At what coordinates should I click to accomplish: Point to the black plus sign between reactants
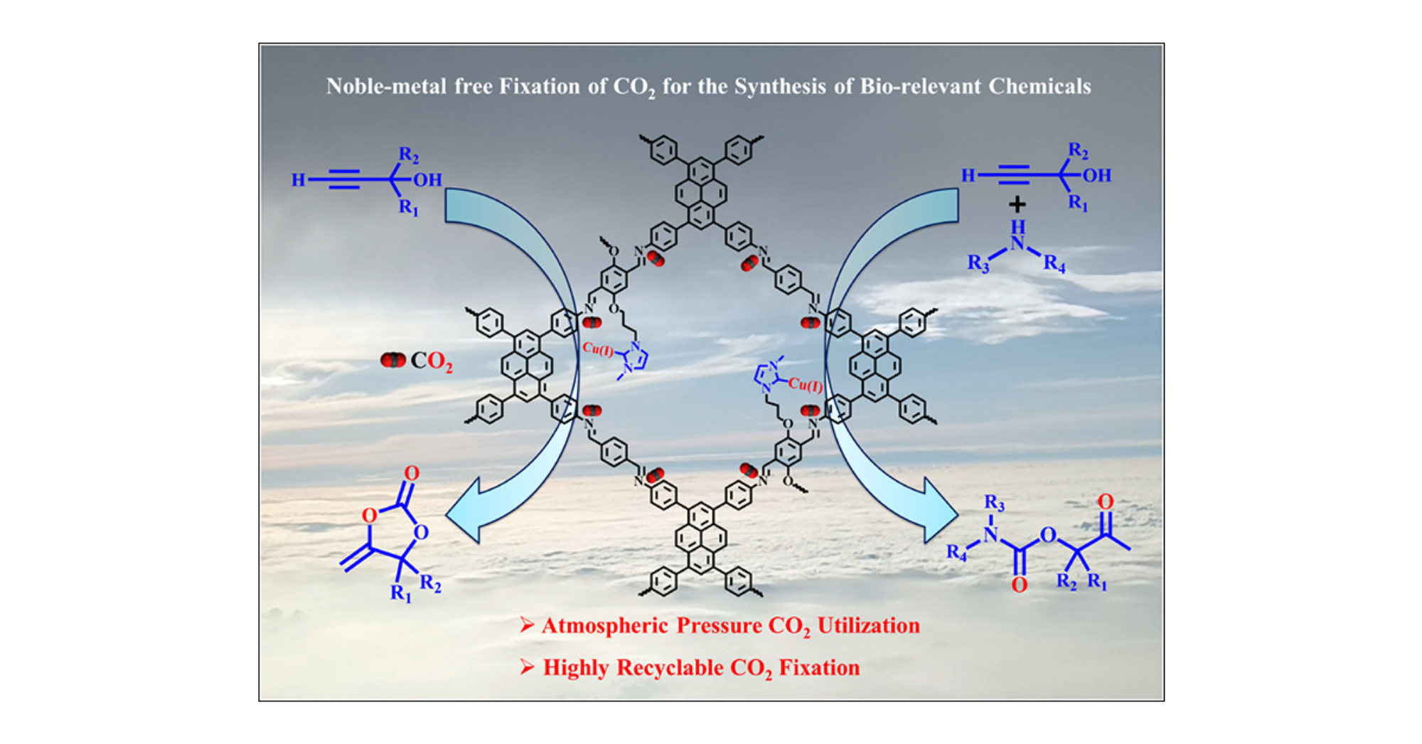[1017, 205]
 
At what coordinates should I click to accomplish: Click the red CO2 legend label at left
[431, 361]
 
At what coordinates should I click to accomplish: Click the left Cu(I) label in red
[597, 349]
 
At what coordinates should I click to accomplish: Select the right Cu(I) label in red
[806, 385]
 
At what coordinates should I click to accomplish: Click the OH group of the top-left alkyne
[427, 180]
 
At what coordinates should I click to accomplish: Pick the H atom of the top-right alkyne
[968, 176]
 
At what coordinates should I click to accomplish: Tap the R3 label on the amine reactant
[978, 264]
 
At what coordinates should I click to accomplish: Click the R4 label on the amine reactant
[1054, 264]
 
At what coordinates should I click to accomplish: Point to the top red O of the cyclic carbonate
[412, 473]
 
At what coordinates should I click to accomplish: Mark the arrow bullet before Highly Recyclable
[527, 666]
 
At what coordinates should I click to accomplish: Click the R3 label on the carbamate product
[994, 504]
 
